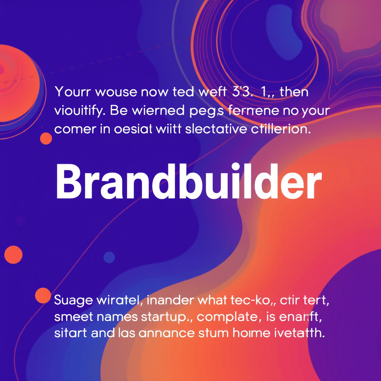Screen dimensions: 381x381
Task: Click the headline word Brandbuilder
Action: tap(189, 182)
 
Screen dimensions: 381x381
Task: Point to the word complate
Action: tap(226, 317)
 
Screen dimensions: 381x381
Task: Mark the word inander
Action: tap(168, 300)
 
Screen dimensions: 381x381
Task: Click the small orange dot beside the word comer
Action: tap(46, 138)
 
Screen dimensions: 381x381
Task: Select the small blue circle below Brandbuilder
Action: tap(109, 257)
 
